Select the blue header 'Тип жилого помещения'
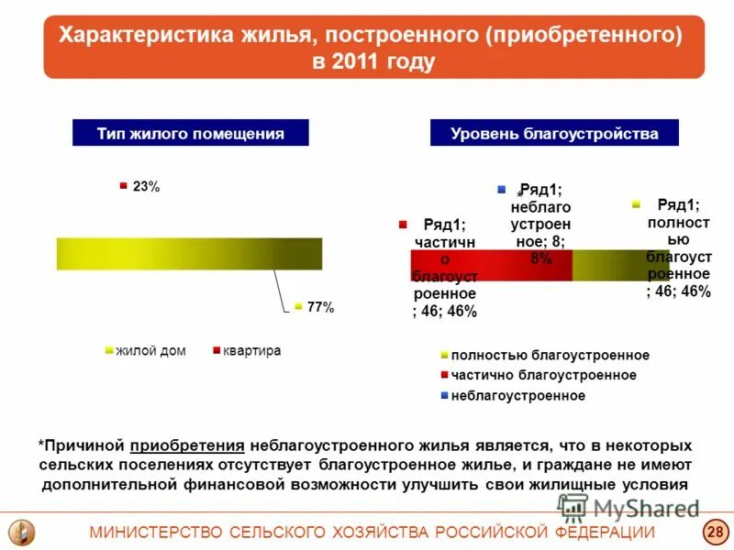191,133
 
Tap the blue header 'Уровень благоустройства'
554,133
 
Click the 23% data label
146,186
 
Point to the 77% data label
320,307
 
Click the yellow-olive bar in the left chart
189,254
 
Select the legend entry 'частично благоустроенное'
544,375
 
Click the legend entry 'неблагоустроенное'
517,395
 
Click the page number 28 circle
715,533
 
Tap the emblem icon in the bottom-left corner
21,532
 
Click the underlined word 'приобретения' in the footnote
187,445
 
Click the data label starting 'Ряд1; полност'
678,248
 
